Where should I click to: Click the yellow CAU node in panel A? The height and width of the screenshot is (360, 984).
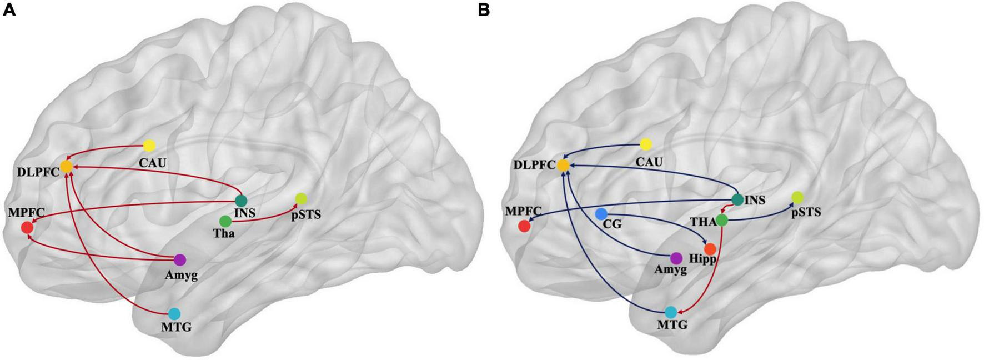tap(149, 146)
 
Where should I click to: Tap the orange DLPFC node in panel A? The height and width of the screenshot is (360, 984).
tap(66, 166)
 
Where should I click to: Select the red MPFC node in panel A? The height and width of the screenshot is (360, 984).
tap(27, 227)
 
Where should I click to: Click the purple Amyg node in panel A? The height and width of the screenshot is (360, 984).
tap(179, 259)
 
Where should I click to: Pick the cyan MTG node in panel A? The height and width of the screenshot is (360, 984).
tap(174, 313)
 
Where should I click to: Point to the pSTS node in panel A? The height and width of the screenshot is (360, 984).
tap(301, 198)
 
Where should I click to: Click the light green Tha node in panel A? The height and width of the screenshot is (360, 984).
tap(225, 221)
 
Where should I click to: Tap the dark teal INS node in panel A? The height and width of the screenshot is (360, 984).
tap(241, 200)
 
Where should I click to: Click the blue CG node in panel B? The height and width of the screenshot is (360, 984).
tap(601, 213)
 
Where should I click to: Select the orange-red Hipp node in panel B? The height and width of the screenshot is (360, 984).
tap(710, 248)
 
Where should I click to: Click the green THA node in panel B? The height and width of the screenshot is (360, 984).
tap(721, 220)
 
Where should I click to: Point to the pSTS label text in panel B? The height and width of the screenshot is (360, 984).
tap(806, 212)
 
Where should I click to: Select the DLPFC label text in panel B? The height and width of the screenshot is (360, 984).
tap(533, 165)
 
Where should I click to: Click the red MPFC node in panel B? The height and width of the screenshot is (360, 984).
tap(523, 226)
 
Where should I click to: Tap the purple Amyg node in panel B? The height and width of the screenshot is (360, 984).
tap(676, 258)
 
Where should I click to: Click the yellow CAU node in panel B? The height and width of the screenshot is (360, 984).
tap(645, 144)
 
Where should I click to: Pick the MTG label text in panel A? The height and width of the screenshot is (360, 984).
tap(177, 327)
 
